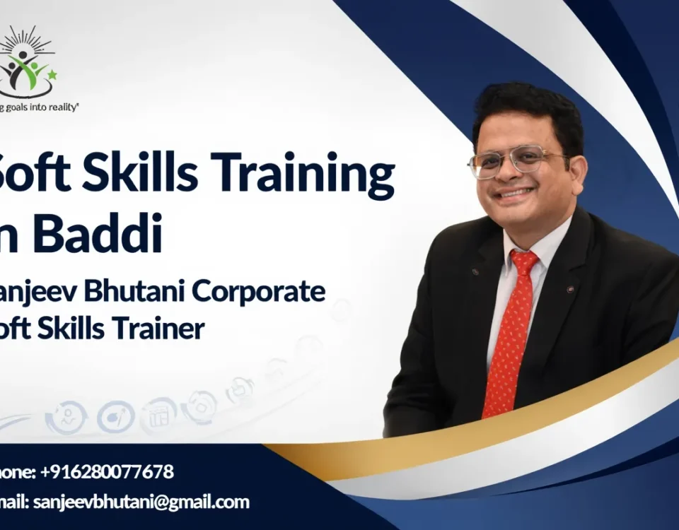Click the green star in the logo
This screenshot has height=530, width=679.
point(52,75)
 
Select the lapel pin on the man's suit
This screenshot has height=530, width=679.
point(570,288)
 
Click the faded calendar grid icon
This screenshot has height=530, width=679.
point(158,414)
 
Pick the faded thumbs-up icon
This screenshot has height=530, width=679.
point(240,390)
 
